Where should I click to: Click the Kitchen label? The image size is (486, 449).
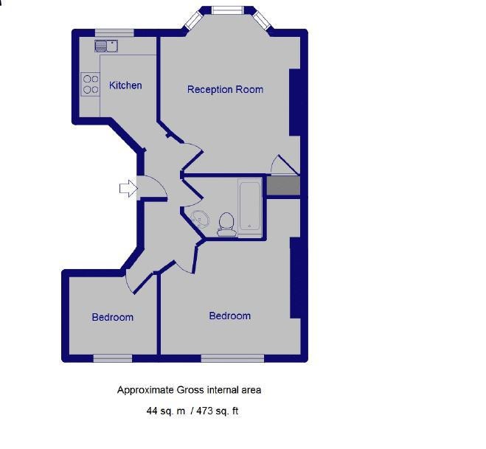click(125, 86)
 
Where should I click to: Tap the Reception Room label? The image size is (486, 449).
click(226, 89)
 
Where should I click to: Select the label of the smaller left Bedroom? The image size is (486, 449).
click(113, 317)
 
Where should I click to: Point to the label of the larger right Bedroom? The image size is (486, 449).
click(229, 316)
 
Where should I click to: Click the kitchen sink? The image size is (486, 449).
click(106, 46)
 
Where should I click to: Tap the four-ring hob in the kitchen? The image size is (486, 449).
click(91, 84)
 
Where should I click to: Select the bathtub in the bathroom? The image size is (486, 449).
click(250, 206)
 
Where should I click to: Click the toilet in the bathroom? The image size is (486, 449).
click(226, 224)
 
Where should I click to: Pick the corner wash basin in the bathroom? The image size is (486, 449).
click(200, 219)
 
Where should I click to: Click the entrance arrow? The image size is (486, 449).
click(128, 188)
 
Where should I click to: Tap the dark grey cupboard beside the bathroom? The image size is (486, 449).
click(283, 186)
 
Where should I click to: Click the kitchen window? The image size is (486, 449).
click(114, 33)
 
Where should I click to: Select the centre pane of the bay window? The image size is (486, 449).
click(228, 10)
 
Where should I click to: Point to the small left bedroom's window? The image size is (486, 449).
click(113, 358)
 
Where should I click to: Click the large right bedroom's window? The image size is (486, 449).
click(232, 358)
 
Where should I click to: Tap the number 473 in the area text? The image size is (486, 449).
click(204, 411)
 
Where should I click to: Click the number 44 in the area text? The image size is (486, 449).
click(152, 411)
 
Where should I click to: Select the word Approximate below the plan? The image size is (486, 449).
click(145, 390)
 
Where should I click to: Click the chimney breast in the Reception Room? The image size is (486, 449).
click(295, 102)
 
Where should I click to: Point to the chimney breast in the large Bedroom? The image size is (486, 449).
click(296, 278)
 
